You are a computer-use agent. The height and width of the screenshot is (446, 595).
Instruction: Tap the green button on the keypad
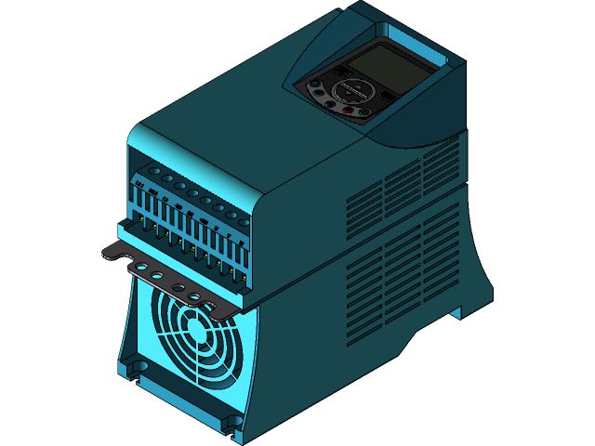pos(364,113)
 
